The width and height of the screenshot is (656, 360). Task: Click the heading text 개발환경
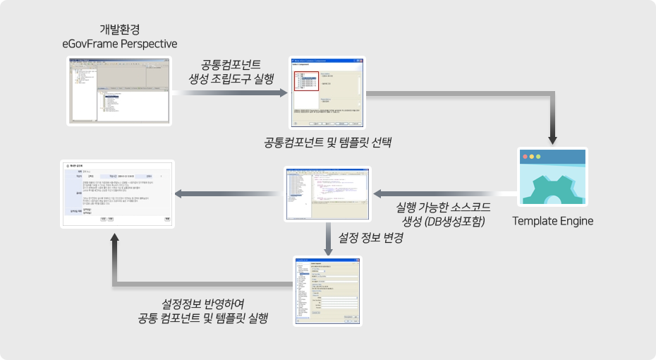[x=119, y=29]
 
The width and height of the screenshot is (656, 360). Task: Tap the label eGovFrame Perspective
[x=119, y=44]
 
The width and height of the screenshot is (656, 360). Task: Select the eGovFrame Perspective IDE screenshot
[x=119, y=90]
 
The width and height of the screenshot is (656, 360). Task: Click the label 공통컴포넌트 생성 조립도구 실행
[x=231, y=70]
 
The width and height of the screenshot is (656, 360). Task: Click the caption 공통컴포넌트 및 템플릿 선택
[x=327, y=142]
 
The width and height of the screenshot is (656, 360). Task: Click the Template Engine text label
[x=552, y=221]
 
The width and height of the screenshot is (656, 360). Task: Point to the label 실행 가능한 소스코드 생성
[x=444, y=214]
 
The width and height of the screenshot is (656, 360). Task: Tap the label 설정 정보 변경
[x=371, y=238]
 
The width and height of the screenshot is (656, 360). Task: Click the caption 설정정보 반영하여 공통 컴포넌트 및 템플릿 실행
[x=203, y=311]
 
